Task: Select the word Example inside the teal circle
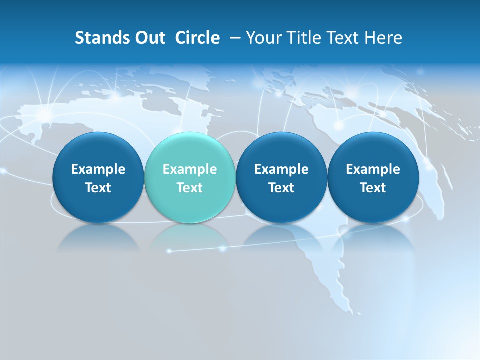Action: [x=189, y=169]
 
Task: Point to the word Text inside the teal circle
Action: [x=189, y=188]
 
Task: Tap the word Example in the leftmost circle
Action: [x=98, y=169]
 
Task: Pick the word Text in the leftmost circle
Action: [x=98, y=188]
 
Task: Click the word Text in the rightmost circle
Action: [x=373, y=188]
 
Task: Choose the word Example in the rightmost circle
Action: [x=373, y=169]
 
